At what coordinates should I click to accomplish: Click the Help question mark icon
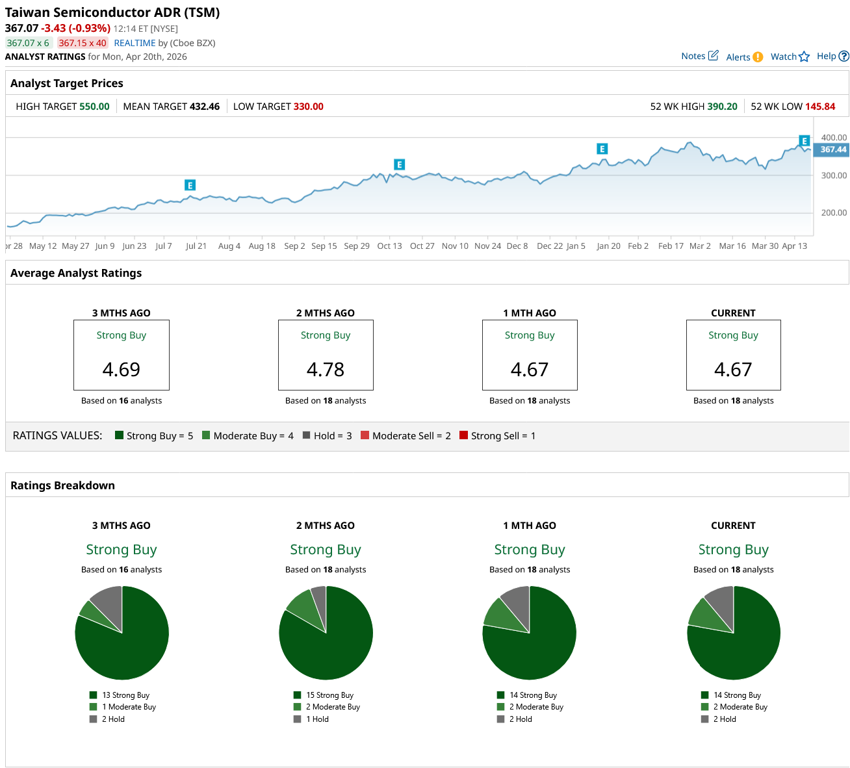point(844,57)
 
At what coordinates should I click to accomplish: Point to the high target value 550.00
point(94,107)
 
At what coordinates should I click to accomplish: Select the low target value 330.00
point(308,107)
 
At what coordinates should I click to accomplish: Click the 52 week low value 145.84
point(820,107)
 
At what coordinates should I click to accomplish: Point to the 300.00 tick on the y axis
point(834,175)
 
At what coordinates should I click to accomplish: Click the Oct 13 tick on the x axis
point(389,246)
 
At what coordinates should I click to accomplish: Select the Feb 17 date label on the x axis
point(671,246)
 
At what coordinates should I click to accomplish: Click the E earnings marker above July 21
point(190,185)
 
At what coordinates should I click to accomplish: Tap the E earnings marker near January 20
point(602,149)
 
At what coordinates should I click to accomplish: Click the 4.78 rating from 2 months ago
point(326,369)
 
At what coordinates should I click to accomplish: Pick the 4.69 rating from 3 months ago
point(122,369)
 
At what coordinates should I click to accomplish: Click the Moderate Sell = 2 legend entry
point(406,436)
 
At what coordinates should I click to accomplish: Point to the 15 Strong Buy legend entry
point(329,695)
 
